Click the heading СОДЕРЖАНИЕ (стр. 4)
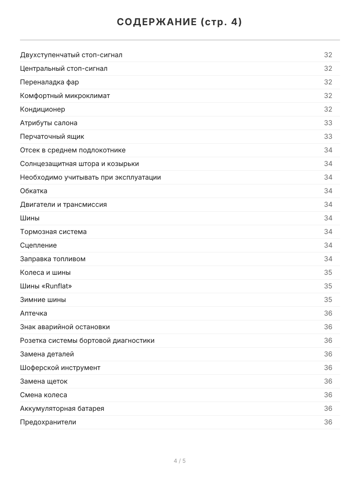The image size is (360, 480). [x=180, y=22]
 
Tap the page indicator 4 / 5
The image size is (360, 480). [x=180, y=461]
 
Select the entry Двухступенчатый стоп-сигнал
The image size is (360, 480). [x=71, y=55]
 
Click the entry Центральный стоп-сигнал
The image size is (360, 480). [x=64, y=68]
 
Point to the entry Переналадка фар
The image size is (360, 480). [x=50, y=82]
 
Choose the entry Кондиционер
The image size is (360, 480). [x=42, y=109]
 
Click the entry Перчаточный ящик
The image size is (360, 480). [x=52, y=136]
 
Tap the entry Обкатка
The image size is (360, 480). [x=34, y=191]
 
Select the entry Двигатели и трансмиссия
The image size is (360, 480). [x=63, y=204]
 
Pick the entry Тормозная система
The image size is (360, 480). [x=53, y=232]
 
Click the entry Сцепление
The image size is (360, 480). [x=38, y=245]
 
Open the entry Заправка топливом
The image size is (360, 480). [x=53, y=259]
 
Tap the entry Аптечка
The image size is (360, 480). [x=34, y=313]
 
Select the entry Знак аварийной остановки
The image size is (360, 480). [x=65, y=327]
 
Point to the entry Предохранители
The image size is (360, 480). [x=48, y=422]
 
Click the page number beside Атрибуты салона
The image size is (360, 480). [x=328, y=123]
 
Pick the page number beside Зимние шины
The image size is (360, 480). [x=328, y=300]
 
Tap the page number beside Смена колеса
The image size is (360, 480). [x=328, y=395]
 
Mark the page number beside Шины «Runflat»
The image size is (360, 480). [x=328, y=286]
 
